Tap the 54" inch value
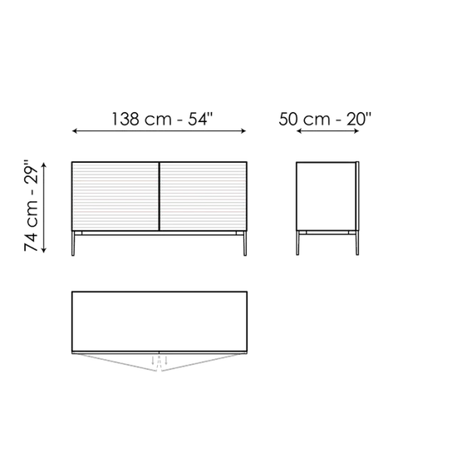tap(200, 119)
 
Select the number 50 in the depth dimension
tap(288, 119)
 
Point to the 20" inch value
tap(359, 119)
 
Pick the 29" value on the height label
tap(32, 173)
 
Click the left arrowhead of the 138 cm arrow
tap(74, 131)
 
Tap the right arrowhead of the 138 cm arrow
tap(243, 131)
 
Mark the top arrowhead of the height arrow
tap(44, 165)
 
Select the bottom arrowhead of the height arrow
tap(44, 250)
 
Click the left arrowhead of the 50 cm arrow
tap(299, 131)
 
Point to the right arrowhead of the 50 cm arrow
tap(356, 131)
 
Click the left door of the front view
tap(115, 196)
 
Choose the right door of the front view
tap(204, 196)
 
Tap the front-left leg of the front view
tap(73, 243)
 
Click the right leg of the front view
tap(245, 243)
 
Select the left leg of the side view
tap(297, 243)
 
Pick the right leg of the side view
tap(357, 243)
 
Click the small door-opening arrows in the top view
tap(160, 361)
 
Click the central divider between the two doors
tap(160, 196)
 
